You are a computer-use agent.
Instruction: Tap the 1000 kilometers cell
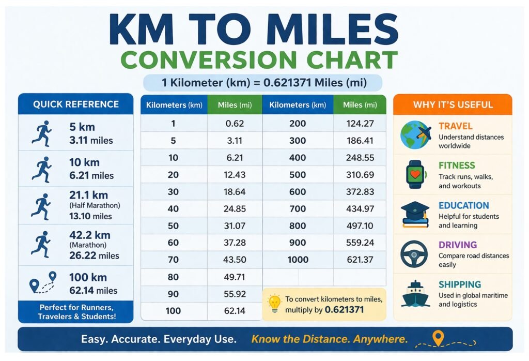tap(298, 260)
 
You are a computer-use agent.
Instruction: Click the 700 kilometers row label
tap(298, 209)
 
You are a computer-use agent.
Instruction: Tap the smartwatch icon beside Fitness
tap(415, 174)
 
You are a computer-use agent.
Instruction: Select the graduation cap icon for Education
tap(415, 214)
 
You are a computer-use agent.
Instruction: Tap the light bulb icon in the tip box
tap(274, 303)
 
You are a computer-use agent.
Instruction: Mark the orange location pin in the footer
tap(438, 338)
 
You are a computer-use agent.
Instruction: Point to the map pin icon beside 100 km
tap(43, 282)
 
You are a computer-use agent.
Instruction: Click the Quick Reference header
tap(75, 104)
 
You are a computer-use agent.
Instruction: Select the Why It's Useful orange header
tap(453, 104)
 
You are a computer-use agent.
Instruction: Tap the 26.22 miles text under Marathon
tap(94, 255)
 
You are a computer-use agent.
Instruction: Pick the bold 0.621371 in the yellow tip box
tap(344, 309)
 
